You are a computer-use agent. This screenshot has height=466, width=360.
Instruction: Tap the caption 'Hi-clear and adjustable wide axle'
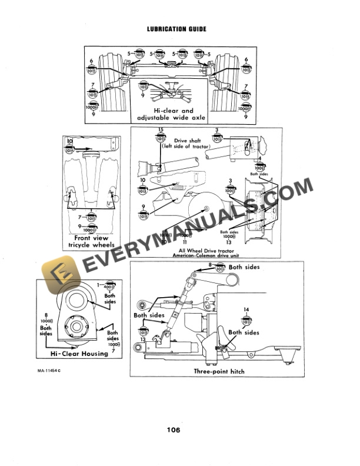(x=171, y=114)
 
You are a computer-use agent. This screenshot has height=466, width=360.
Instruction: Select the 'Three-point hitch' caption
(x=219, y=371)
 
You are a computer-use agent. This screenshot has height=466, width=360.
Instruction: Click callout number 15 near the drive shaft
(x=160, y=130)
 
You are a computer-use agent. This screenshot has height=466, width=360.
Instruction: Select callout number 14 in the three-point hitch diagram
(x=246, y=309)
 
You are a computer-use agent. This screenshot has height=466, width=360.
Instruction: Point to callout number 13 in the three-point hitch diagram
(x=143, y=340)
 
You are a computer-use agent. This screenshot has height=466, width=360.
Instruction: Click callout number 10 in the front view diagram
(x=69, y=141)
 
